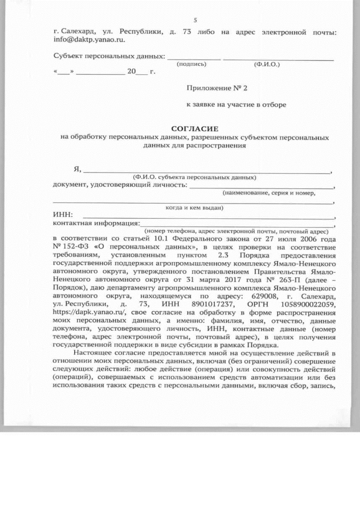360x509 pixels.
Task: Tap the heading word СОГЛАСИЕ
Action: pyautogui.click(x=194, y=128)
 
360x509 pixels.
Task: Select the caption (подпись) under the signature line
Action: pyautogui.click(x=191, y=64)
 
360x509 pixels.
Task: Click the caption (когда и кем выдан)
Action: pyautogui.click(x=194, y=208)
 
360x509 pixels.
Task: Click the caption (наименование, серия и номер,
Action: pyautogui.click(x=269, y=192)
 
